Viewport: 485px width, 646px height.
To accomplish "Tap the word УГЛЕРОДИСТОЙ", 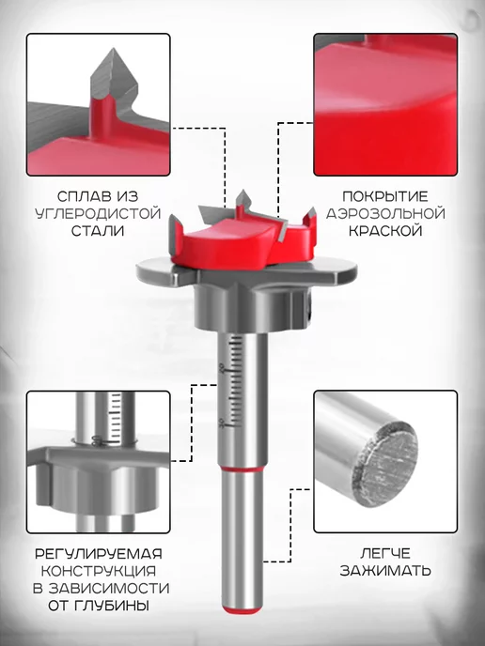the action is pos(98,213).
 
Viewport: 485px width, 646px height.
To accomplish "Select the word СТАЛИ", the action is pos(98,230).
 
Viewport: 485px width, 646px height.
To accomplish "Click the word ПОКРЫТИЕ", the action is pos(385,196).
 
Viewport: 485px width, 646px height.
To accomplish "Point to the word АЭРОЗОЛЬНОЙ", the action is pos(385,213).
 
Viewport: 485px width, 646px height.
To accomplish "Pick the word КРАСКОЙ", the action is pos(385,230).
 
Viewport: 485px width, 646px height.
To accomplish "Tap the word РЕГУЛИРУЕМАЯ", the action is pos(99,553).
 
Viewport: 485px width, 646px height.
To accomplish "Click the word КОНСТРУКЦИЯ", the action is pos(99,571).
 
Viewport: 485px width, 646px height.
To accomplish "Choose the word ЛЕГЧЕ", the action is pos(385,553).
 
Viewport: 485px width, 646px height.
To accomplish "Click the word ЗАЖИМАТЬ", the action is pos(385,571).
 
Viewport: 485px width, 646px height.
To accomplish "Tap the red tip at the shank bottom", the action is pos(242,608).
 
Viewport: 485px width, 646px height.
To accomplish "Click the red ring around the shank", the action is pos(242,469).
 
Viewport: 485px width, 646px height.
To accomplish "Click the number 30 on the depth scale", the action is pos(222,423).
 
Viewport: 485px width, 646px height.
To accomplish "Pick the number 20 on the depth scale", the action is pos(222,368).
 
